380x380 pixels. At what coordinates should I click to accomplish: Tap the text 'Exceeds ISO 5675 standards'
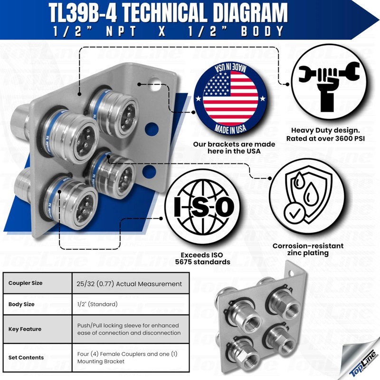(206, 258)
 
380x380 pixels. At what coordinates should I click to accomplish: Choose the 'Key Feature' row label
(25, 329)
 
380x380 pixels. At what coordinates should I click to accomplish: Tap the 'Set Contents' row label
(26, 357)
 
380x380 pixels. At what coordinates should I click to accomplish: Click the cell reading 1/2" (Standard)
(97, 304)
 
